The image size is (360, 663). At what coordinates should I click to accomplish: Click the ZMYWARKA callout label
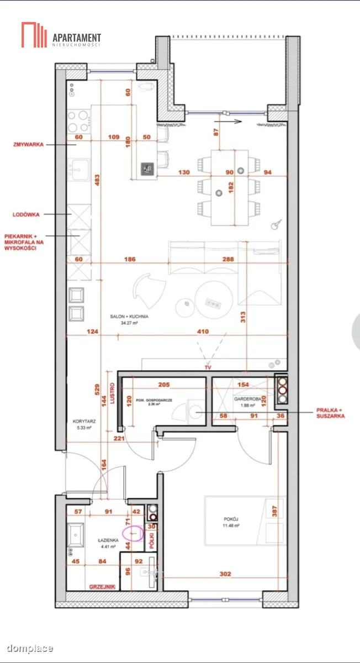(28, 144)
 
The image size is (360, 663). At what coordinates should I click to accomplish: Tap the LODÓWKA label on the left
(26, 214)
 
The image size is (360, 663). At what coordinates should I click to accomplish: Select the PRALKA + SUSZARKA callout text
(330, 413)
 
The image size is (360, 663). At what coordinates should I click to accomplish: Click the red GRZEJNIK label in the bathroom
(102, 587)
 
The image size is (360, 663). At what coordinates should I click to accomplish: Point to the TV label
(208, 367)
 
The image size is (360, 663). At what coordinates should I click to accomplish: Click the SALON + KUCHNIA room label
(129, 317)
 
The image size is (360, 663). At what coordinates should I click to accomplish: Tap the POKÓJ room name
(231, 519)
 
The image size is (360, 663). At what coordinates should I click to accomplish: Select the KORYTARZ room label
(84, 421)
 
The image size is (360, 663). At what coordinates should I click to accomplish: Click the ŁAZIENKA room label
(108, 540)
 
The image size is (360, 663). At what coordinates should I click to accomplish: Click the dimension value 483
(97, 180)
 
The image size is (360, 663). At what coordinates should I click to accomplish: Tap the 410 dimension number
(203, 331)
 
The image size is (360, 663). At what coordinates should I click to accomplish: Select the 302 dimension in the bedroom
(225, 574)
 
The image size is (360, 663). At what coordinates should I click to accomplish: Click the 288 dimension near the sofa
(228, 259)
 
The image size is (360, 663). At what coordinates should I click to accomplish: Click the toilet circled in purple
(133, 533)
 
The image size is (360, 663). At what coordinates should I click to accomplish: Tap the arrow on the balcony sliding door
(228, 121)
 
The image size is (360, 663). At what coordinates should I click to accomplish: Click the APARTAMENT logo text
(77, 38)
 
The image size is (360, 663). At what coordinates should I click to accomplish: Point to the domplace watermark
(30, 649)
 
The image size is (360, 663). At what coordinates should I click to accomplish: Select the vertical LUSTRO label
(112, 393)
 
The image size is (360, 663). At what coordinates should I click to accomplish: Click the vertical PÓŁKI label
(152, 541)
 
